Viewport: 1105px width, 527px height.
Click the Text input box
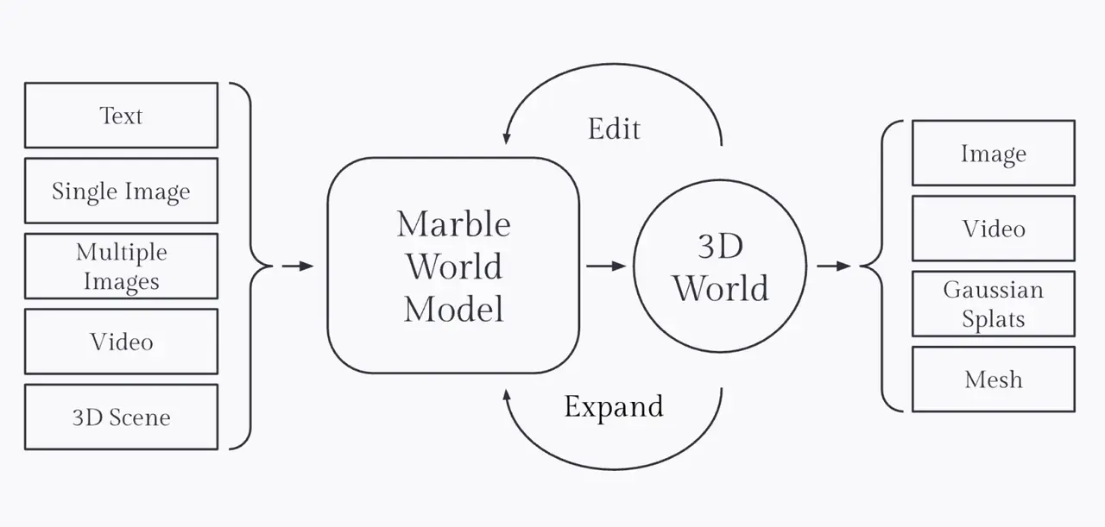[121, 116]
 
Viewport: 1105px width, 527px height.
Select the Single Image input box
[121, 191]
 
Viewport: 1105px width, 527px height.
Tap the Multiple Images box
[121, 267]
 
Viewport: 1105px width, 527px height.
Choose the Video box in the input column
[121, 342]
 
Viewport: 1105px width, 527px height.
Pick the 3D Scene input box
[121, 417]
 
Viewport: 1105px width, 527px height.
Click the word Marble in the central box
[453, 224]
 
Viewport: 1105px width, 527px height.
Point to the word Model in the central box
[453, 308]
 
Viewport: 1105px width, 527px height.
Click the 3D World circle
[720, 267]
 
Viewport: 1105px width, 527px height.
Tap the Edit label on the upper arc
[614, 129]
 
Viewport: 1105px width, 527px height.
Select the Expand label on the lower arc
[614, 406]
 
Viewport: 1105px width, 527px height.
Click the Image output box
[993, 154]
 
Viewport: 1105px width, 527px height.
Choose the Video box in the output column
[993, 229]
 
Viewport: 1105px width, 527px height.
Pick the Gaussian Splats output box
[993, 304]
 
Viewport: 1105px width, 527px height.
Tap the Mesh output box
[993, 380]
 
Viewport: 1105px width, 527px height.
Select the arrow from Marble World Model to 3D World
[606, 267]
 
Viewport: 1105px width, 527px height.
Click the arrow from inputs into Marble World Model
[299, 267]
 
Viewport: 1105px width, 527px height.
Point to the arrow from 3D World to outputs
[834, 267]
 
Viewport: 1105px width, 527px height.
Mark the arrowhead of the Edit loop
[507, 138]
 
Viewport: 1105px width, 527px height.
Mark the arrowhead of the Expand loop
[507, 394]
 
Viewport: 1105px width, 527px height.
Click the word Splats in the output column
[993, 319]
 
